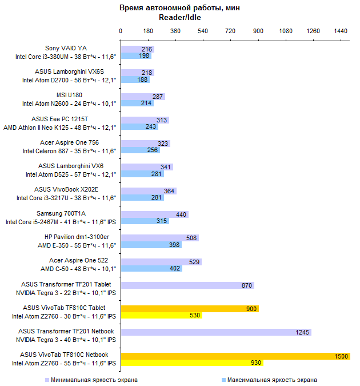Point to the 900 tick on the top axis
coord(258,31)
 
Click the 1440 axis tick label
coord(341,31)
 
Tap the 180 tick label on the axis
coord(148,31)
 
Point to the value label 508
coord(191,238)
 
